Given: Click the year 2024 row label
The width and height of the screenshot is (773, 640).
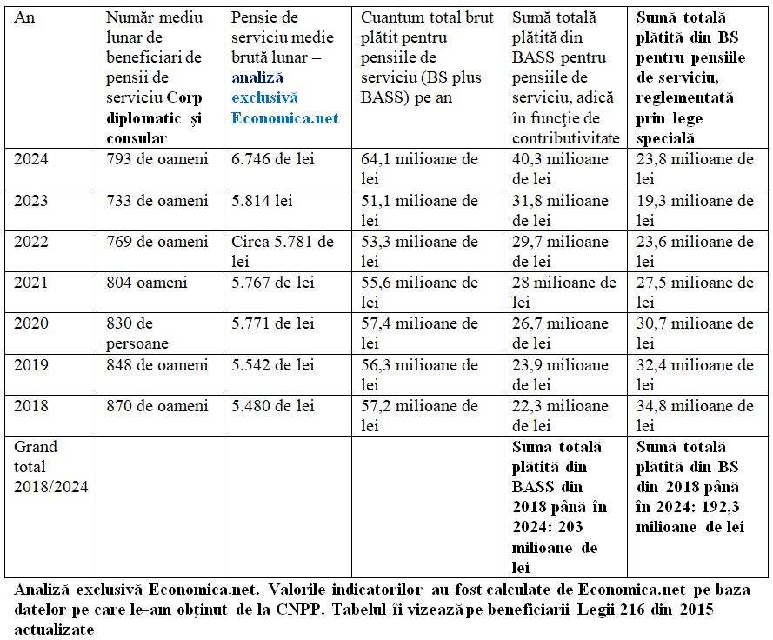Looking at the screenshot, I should (31, 160).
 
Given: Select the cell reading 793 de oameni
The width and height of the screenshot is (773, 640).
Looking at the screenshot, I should (157, 160).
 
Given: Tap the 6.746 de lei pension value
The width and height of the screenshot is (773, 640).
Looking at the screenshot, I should (273, 160).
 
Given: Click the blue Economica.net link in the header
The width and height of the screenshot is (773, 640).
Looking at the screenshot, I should (284, 118).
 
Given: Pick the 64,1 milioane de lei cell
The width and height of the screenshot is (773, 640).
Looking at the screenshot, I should (419, 169).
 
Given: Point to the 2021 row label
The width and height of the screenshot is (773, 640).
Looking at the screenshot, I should (31, 283).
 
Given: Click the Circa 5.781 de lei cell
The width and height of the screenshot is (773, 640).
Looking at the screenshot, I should (283, 251).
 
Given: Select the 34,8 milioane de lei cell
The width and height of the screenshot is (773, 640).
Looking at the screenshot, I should (695, 415).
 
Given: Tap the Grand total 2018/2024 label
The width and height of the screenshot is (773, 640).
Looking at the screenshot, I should (50, 466).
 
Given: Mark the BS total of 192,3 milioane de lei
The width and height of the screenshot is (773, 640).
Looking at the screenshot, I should (690, 487).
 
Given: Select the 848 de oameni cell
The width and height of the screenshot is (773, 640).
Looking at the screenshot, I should (157, 364).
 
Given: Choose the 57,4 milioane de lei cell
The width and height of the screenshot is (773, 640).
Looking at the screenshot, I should (419, 333).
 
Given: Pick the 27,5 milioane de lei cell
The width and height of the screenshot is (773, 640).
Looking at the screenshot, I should (695, 292).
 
